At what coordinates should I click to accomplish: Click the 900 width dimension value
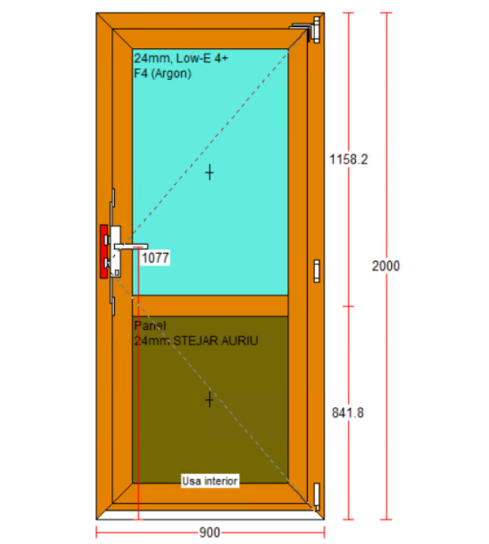pos(210,532)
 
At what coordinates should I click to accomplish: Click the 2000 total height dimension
pos(386,266)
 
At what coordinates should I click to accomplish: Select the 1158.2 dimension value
pos(349,160)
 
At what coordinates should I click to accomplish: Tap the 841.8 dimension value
pos(348,413)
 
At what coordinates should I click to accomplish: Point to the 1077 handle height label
pos(156,257)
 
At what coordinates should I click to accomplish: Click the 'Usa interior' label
pos(210,481)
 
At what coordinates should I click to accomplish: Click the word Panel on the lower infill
pos(149,325)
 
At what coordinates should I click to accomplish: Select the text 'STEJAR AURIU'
pos(216,341)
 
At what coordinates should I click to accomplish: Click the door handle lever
pos(131,247)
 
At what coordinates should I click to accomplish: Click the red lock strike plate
pos(103,251)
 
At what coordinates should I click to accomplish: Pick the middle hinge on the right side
pos(316,271)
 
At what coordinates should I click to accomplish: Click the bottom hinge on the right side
pos(316,497)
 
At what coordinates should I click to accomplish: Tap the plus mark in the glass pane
pos(209,172)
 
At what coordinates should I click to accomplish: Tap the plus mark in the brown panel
pos(209,400)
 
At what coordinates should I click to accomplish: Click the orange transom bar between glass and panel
pos(210,306)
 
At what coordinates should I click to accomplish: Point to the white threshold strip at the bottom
pos(210,515)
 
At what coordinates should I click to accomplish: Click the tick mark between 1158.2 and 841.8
pos(349,306)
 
